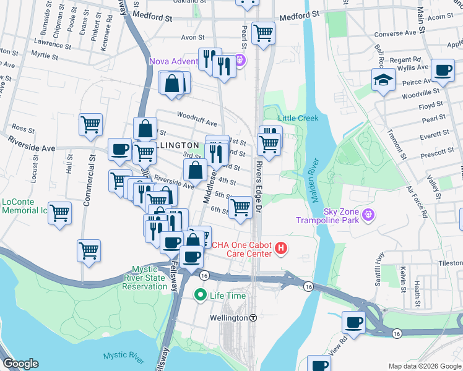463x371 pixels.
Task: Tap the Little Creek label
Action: pos(298,118)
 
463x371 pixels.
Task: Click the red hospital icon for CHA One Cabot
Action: pos(281,249)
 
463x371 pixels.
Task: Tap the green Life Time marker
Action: pos(200,296)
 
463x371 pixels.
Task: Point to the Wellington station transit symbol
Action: pos(253,318)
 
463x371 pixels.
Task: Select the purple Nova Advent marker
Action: pos(241,61)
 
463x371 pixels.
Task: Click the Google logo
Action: pos(22,363)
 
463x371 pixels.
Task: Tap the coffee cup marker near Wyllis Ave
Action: pos(442,70)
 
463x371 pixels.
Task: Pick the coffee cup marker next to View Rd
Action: pos(353,322)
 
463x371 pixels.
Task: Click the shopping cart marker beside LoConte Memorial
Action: pos(60,213)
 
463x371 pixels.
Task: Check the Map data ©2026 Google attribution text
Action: pos(424,366)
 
